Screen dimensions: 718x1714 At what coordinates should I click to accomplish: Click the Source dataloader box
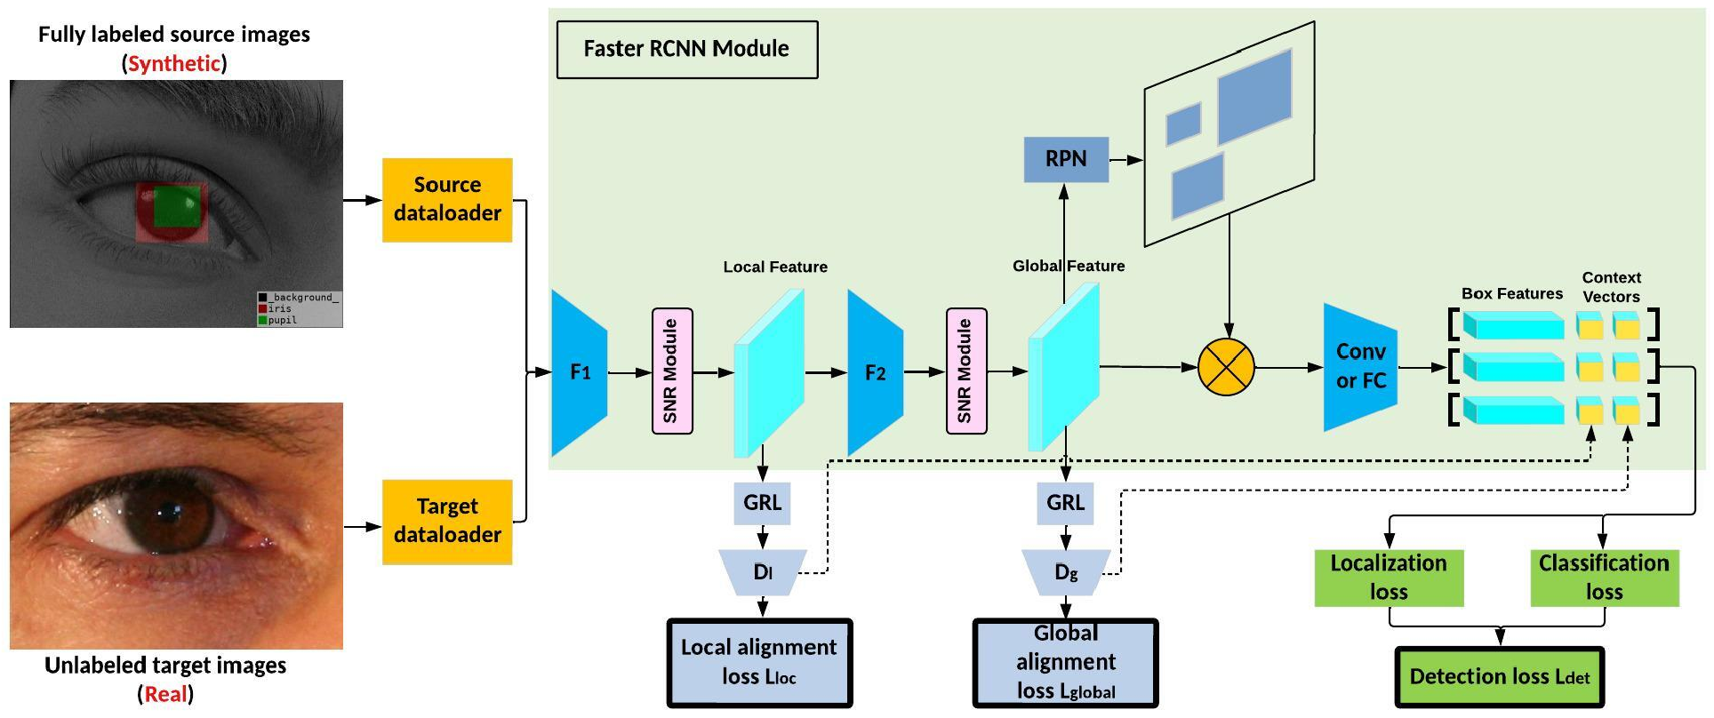[447, 199]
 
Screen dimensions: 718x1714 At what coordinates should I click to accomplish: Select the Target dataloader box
[447, 521]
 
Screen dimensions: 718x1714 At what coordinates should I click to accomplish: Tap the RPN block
[1066, 159]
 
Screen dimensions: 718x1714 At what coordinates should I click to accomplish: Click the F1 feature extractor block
[579, 372]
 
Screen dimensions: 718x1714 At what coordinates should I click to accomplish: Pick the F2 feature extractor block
[875, 372]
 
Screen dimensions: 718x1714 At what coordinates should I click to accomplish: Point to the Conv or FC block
[1359, 366]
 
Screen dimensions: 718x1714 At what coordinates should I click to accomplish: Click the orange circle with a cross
[1226, 367]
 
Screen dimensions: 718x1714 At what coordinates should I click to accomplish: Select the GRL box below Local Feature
[762, 503]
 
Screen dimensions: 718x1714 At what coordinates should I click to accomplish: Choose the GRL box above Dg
[1065, 503]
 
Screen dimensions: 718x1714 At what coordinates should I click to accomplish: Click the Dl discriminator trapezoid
[763, 571]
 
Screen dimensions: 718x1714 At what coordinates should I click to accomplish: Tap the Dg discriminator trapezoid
[1066, 571]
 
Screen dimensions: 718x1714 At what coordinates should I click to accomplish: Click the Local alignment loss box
[759, 662]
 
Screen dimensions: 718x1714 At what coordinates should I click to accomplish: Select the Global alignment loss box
[1066, 662]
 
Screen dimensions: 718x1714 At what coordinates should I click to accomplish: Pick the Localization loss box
[1389, 578]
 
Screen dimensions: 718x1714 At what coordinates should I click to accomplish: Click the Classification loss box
[1604, 578]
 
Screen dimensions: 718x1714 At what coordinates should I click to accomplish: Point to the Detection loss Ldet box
[1500, 676]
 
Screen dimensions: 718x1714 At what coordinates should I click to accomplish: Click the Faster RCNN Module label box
[686, 49]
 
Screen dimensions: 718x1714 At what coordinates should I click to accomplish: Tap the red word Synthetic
[174, 63]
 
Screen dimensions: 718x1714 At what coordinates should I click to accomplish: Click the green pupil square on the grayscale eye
[177, 207]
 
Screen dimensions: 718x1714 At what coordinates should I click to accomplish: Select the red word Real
[165, 694]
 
